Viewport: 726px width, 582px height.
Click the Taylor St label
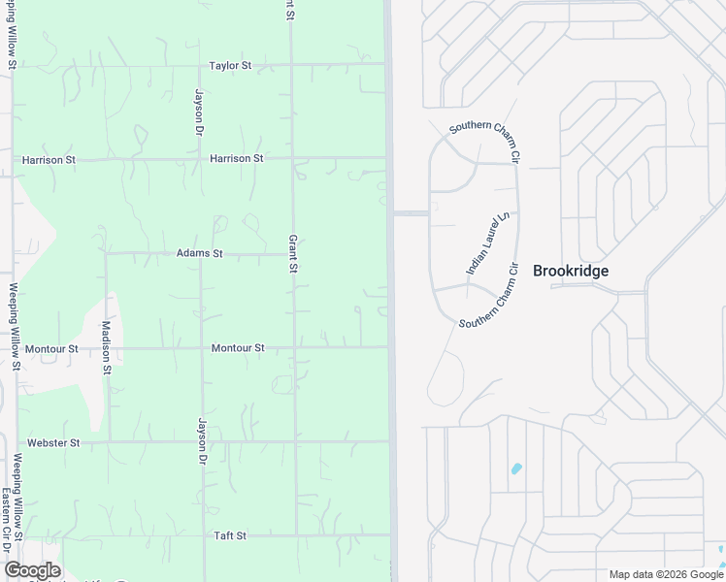pyautogui.click(x=230, y=66)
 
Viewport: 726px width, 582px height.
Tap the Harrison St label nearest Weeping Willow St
pyautogui.click(x=48, y=158)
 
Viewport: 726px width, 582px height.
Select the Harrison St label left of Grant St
pyautogui.click(x=236, y=158)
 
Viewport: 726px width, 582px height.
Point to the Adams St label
pyautogui.click(x=199, y=253)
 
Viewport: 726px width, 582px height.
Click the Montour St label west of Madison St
pyautogui.click(x=51, y=348)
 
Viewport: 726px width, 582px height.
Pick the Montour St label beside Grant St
pyautogui.click(x=238, y=348)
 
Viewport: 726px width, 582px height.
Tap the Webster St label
pyautogui.click(x=53, y=442)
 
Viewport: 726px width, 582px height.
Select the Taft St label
pyautogui.click(x=230, y=535)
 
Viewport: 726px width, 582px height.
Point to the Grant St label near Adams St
pyautogui.click(x=292, y=253)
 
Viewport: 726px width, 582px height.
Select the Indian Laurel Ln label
pyautogui.click(x=487, y=243)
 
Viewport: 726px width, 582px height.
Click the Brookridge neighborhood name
pyautogui.click(x=571, y=271)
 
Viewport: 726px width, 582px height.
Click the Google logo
pyautogui.click(x=32, y=570)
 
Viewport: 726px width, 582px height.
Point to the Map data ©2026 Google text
pyautogui.click(x=665, y=574)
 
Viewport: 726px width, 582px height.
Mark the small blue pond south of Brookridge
pyautogui.click(x=515, y=469)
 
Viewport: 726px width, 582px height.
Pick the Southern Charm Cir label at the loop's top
pyautogui.click(x=485, y=142)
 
